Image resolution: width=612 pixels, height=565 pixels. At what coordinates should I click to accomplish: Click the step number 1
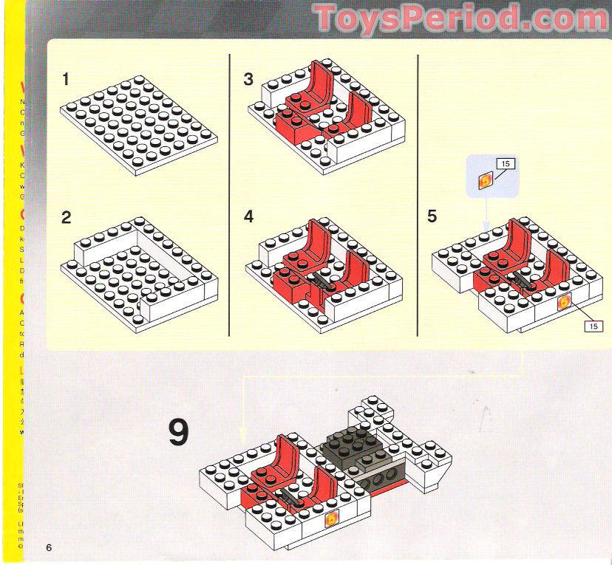(x=66, y=78)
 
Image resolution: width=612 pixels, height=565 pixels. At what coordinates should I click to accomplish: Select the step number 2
(x=67, y=217)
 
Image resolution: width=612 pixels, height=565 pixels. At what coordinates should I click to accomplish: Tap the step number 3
(x=248, y=79)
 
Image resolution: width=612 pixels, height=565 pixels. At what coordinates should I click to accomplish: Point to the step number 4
(x=248, y=217)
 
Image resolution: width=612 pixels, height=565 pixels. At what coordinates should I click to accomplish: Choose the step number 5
(x=432, y=216)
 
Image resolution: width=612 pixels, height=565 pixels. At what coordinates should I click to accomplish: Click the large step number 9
(x=178, y=434)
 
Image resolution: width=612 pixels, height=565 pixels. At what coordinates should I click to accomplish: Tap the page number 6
(x=49, y=547)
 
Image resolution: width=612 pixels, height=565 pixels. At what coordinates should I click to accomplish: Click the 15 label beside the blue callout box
(x=506, y=163)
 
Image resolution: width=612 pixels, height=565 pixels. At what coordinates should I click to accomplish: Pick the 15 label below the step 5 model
(x=593, y=326)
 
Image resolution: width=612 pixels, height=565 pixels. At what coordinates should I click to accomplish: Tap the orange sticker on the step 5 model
(x=565, y=301)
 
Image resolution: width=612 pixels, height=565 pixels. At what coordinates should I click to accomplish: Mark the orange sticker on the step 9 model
(x=333, y=518)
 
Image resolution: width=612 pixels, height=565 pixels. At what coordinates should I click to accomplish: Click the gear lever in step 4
(x=321, y=279)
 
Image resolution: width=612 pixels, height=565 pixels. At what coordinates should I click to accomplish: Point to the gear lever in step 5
(x=523, y=281)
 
